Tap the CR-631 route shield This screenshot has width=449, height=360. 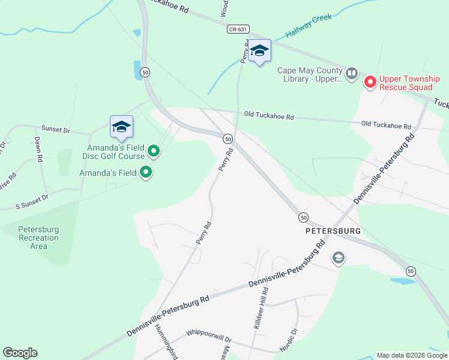[x=238, y=29]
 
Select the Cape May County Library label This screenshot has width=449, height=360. [x=309, y=74]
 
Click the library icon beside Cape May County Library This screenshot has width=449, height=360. [x=351, y=74]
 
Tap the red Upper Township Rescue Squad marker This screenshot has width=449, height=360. [x=370, y=82]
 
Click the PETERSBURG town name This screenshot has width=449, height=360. [x=333, y=230]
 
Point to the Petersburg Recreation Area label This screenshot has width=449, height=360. [x=38, y=238]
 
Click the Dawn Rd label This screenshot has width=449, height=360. [x=38, y=150]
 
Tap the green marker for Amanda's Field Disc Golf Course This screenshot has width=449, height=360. [x=154, y=151]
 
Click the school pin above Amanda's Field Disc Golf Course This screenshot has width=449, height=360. [x=121, y=127]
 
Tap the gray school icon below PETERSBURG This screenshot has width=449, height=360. [x=339, y=258]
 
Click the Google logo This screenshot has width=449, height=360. [x=20, y=353]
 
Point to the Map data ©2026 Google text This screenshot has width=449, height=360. [x=411, y=355]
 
